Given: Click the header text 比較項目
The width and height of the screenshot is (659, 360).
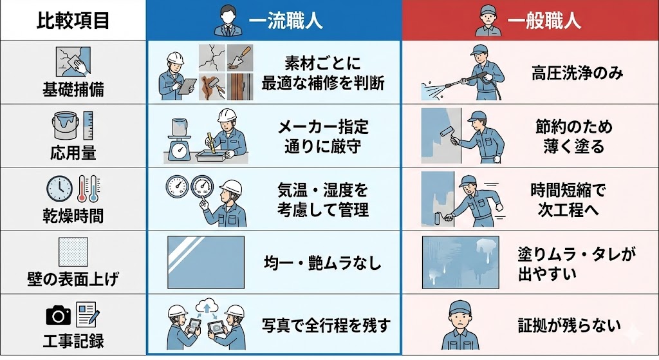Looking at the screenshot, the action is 73,21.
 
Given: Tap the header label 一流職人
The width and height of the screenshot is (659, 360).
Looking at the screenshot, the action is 285,20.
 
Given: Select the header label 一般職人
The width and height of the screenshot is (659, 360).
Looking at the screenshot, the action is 544,20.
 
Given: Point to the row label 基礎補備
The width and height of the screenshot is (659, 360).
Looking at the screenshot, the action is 73,90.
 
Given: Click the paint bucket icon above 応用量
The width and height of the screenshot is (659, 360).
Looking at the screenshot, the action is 65,126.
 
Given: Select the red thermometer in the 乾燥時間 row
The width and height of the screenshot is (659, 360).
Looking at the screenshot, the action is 82,189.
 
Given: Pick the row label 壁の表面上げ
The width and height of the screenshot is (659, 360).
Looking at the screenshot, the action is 73,279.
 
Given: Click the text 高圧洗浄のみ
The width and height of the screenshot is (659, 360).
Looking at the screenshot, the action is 577,73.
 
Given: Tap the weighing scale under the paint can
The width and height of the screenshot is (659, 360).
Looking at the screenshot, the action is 180,149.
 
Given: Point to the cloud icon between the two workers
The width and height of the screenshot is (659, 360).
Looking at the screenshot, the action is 206,305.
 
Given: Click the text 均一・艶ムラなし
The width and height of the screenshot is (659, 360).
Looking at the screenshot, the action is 323,262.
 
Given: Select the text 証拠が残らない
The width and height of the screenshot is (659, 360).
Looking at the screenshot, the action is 570,325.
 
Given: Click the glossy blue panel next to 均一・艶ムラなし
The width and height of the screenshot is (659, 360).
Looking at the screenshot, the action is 206,262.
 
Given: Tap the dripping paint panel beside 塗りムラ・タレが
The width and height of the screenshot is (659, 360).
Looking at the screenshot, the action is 461,262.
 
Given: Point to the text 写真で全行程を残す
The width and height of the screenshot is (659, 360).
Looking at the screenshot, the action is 326,325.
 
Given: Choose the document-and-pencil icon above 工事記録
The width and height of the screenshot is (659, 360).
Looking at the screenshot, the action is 88,314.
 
